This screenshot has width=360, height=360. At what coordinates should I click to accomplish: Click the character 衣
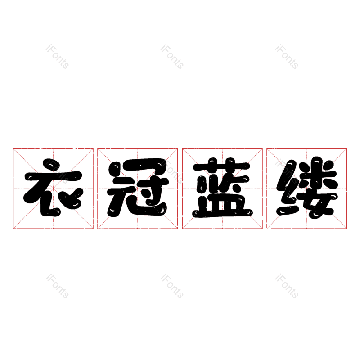pos(53,188)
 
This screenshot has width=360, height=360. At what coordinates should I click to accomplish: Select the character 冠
pos(138,188)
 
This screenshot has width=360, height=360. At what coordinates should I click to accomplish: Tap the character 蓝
pos(222,188)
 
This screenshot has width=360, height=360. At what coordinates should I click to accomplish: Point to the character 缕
pos(307,188)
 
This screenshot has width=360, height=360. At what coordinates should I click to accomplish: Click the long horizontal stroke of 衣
pos(53,177)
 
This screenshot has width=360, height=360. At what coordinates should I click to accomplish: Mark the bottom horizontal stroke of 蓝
pos(222,213)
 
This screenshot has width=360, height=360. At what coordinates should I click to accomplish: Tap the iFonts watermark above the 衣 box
pos(58,57)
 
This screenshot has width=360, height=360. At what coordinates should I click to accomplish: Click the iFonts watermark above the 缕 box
pos(287,57)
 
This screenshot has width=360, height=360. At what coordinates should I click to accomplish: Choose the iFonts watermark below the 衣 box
pos(58,286)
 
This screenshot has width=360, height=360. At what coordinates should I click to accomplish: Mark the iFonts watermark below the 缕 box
pos(287,286)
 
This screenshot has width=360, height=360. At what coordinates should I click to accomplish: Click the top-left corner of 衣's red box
pos(13,149)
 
